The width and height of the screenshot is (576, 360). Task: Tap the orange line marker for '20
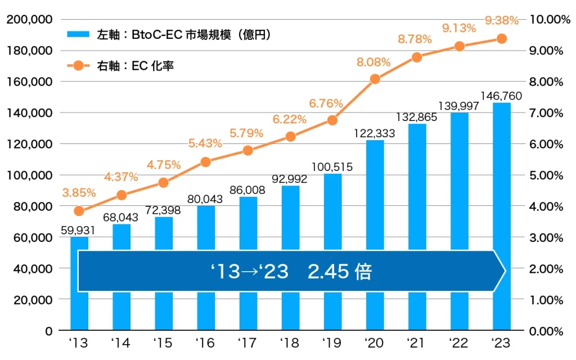375,79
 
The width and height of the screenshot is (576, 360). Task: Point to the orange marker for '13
79,211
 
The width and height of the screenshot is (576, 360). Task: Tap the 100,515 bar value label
332,166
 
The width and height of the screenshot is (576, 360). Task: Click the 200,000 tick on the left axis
29,20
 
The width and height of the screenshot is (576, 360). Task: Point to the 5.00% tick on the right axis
546,175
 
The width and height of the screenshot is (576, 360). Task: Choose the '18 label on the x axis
290,343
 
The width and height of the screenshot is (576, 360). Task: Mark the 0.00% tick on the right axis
546,331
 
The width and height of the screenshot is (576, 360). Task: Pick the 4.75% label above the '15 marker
164,165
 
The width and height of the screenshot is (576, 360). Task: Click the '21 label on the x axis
417,343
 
